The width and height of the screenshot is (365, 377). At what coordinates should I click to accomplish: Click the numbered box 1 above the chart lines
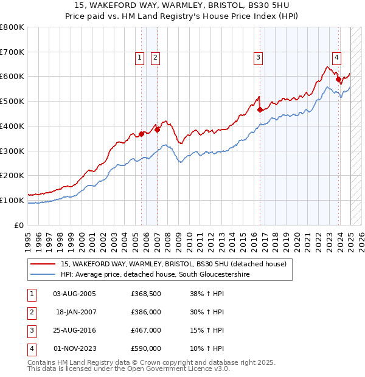pyautogui.click(x=139, y=58)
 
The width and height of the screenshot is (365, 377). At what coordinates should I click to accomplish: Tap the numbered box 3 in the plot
pyautogui.click(x=258, y=58)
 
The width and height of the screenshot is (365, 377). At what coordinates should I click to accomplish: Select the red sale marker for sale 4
pyautogui.click(x=338, y=78)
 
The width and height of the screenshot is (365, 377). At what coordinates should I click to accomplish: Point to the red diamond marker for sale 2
pyautogui.click(x=157, y=129)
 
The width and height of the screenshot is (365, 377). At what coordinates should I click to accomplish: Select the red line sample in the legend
pyautogui.click(x=43, y=264)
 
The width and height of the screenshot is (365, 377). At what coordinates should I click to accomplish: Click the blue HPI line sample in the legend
pyautogui.click(x=43, y=275)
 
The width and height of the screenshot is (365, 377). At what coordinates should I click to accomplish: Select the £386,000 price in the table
pyautogui.click(x=146, y=313)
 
